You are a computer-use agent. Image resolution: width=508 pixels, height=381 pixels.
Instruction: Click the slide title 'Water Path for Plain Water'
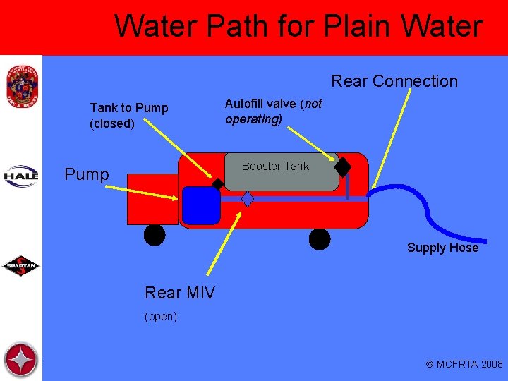[298, 27]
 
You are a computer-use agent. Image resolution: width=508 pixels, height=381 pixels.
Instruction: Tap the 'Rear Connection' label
[394, 81]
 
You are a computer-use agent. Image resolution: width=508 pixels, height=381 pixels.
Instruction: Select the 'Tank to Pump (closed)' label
[129, 116]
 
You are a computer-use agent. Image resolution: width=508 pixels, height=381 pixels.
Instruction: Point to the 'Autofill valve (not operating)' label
[273, 111]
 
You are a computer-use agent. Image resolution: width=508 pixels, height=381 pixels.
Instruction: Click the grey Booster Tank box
[282, 171]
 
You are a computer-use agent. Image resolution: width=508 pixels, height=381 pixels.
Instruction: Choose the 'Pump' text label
[87, 174]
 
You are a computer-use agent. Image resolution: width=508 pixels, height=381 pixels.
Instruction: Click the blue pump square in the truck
[201, 205]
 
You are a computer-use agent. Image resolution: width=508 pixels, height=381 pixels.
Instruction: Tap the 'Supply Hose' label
[442, 248]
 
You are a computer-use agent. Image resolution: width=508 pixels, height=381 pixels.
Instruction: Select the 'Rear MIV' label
[180, 292]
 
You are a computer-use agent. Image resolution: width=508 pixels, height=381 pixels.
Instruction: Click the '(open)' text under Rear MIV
[161, 317]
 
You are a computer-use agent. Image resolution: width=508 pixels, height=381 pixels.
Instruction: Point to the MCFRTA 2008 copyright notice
[464, 364]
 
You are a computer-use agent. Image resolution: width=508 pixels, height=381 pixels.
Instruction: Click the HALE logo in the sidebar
[21, 175]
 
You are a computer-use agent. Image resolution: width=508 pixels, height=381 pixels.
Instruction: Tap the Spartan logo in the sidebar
[21, 266]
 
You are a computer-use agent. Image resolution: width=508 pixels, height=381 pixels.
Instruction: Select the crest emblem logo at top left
[20, 86]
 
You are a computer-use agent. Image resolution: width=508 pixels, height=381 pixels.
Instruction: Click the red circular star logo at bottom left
[20, 360]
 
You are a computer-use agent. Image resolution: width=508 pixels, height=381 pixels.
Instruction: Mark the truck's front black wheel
[155, 235]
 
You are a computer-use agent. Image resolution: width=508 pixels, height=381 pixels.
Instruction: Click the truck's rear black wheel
[320, 240]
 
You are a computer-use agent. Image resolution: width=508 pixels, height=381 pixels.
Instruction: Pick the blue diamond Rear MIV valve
[248, 199]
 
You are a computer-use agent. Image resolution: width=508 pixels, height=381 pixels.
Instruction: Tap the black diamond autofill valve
[343, 167]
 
